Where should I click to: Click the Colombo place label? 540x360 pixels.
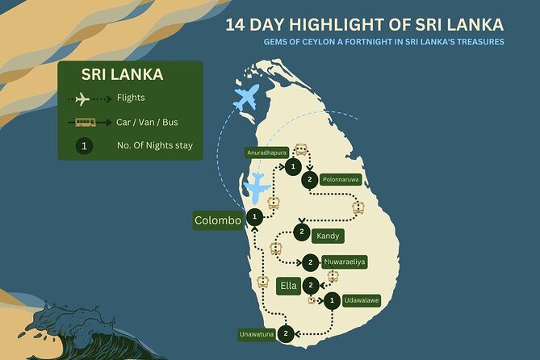218,220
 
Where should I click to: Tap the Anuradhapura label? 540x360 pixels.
266,152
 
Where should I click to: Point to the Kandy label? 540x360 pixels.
329,237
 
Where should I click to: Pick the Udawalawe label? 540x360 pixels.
361,301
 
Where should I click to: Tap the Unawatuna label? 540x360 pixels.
257,333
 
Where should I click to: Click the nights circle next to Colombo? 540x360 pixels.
256,216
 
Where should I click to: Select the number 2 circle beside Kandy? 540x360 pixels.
300,232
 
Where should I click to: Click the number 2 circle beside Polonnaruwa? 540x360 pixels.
309,180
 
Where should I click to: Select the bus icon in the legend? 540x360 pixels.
85,123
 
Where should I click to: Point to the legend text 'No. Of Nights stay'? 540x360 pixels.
155,146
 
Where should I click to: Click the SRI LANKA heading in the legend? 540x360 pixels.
122,75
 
